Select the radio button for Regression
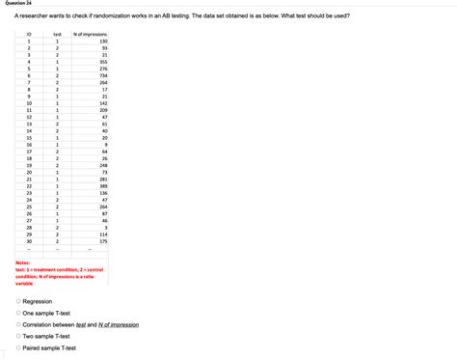click(18, 302)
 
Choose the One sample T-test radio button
click(18, 314)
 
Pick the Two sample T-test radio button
click(18, 336)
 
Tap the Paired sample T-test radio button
click(18, 347)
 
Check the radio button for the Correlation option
click(18, 325)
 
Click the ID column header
click(29, 34)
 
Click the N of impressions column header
click(90, 34)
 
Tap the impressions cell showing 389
click(101, 186)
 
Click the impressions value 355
click(101, 62)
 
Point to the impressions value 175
click(101, 241)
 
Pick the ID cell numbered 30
click(29, 241)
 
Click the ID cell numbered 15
click(29, 137)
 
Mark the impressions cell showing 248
click(101, 165)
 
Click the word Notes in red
click(23, 263)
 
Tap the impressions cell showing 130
click(101, 42)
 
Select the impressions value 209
click(101, 110)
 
